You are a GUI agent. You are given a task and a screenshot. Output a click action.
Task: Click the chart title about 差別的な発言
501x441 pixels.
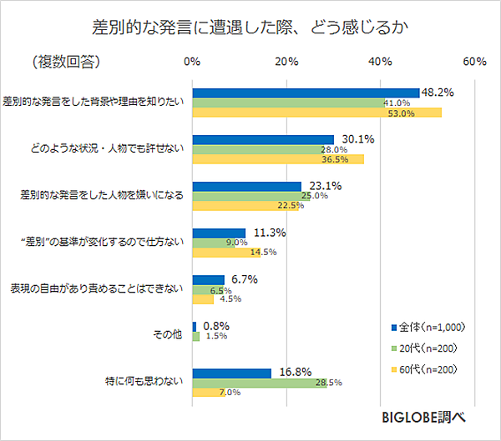click(x=250, y=28)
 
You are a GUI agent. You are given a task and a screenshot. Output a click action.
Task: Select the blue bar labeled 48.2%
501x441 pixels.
click(x=306, y=93)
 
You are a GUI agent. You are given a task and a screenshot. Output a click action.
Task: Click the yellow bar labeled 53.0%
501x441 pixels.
click(x=317, y=113)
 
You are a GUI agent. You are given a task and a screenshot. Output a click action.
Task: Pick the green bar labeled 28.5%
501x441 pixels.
click(x=260, y=383)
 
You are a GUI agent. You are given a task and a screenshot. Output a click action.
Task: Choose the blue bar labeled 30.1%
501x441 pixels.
click(x=263, y=139)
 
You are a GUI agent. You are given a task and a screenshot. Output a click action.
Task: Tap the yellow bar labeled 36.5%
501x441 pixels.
click(x=278, y=159)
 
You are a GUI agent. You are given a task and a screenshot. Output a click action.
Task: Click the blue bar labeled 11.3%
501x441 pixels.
click(x=219, y=233)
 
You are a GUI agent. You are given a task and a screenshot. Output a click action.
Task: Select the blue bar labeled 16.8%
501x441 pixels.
click(x=232, y=373)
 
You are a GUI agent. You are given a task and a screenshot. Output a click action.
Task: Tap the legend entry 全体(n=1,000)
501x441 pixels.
click(x=425, y=326)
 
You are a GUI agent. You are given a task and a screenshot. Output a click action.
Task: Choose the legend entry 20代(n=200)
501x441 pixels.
click(x=425, y=347)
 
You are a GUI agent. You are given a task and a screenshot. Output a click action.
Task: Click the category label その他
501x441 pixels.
click(x=166, y=336)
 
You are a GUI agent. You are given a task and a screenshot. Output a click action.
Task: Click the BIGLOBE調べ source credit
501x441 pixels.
click(x=423, y=418)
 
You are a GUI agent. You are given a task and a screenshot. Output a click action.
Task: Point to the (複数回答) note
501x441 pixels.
click(x=66, y=63)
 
